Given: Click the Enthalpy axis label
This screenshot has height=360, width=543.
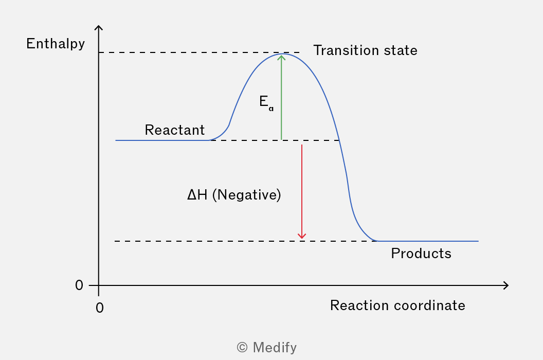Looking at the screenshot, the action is (x=56, y=44).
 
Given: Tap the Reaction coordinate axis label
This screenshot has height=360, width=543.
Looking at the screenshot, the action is (x=397, y=305).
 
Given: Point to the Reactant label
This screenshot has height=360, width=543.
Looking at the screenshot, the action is (x=174, y=130).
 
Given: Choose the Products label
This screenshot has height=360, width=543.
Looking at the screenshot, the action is (x=421, y=254).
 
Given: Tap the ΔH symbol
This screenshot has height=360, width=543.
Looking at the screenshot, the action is (x=197, y=195).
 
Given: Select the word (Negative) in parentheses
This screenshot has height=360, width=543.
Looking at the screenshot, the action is (x=247, y=195).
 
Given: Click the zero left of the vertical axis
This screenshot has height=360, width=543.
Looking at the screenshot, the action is (x=79, y=285).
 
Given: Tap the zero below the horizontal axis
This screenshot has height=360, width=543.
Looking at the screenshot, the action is (x=100, y=308).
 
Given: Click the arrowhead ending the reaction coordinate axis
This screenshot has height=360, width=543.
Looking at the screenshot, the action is (x=506, y=285).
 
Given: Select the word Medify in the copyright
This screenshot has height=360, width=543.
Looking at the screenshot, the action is (x=275, y=348).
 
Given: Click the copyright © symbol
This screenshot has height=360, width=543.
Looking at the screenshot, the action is (x=242, y=348).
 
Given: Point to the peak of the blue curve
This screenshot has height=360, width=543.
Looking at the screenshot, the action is (x=283, y=53).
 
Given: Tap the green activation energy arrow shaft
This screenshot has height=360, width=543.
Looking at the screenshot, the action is (x=282, y=97).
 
